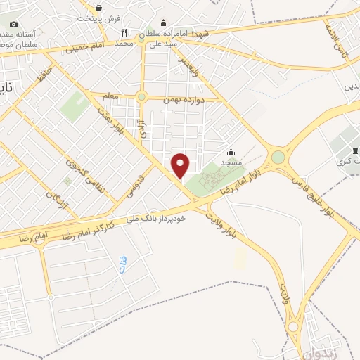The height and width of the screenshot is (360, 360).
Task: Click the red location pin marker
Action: pos(181,165)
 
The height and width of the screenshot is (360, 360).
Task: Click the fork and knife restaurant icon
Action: pos(124,32)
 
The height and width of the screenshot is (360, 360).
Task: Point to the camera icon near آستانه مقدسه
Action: pos(13,25)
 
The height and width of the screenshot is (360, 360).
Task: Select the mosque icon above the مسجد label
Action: pos(231,152)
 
